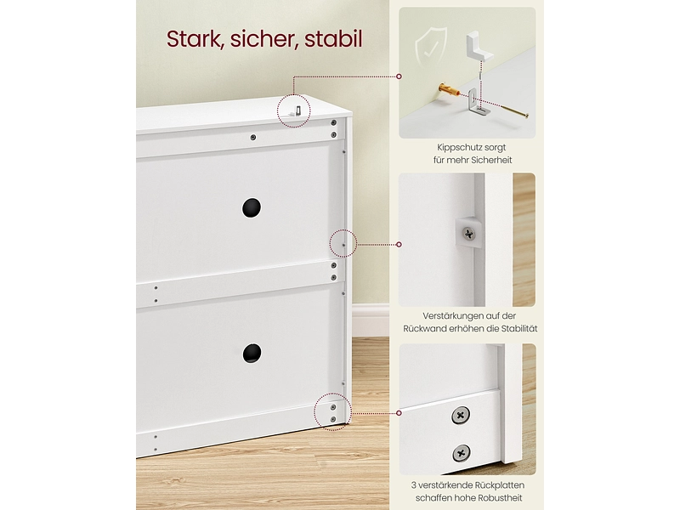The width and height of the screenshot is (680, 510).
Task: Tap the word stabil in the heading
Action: [x=333, y=39]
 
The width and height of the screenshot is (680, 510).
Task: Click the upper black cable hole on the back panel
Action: [x=252, y=207]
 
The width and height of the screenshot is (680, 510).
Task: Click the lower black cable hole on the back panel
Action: [x=252, y=353]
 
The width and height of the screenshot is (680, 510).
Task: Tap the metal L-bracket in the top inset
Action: [x=478, y=102]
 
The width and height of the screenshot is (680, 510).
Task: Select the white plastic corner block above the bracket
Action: [x=479, y=45]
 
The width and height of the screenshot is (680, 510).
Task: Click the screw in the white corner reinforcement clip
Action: [x=469, y=234]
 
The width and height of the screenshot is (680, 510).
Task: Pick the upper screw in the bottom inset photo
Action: [x=460, y=416]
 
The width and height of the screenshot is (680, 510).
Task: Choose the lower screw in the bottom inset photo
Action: [x=461, y=454]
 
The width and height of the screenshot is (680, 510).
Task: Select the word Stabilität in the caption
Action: [x=519, y=329]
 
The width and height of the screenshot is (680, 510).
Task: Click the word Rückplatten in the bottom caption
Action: [x=500, y=485]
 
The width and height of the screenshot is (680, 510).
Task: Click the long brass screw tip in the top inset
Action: [x=526, y=116]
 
